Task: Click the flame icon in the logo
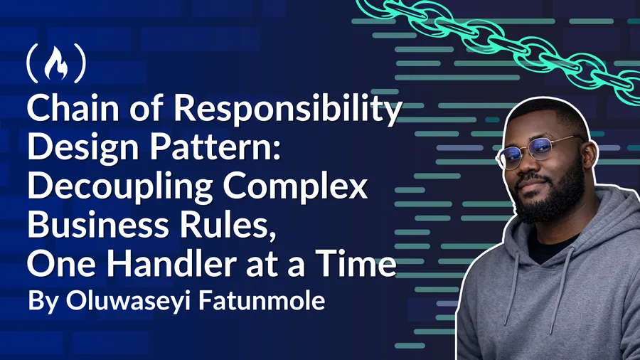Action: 56,63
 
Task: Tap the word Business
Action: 97,225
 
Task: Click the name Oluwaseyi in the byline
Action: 129,302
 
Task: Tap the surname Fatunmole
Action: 262,301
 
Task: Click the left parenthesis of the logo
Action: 32,63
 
